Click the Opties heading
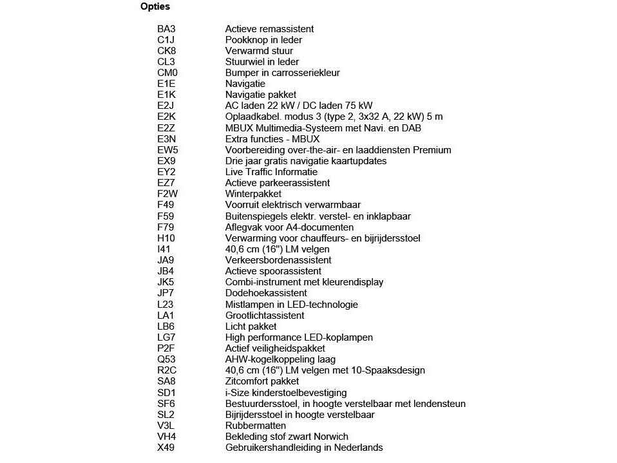click(x=155, y=7)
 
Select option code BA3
click(x=166, y=29)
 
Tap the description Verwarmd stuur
click(x=259, y=51)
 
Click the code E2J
click(x=166, y=106)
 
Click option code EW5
click(x=167, y=150)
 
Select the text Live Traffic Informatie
click(x=271, y=172)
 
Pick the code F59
click(x=166, y=216)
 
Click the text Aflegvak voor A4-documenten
click(x=289, y=227)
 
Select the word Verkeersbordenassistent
click(x=278, y=260)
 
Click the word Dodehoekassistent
click(x=266, y=293)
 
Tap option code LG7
click(x=166, y=337)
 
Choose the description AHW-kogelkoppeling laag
click(x=280, y=359)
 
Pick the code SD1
click(x=166, y=393)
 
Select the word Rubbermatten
click(x=256, y=426)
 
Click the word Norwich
click(x=329, y=437)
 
